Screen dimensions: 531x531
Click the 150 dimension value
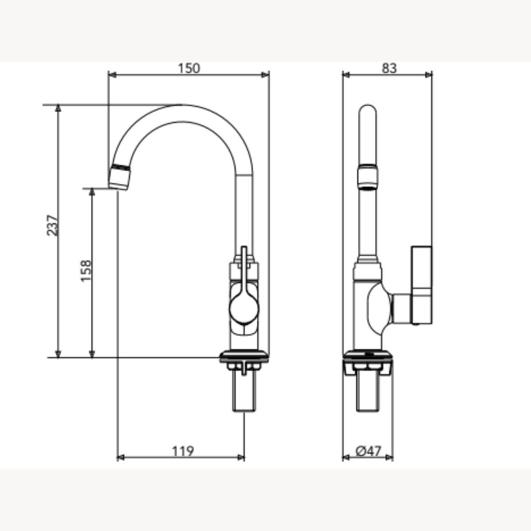tap(189, 69)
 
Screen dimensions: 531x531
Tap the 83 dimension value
tap(389, 69)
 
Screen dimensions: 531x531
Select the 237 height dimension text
tap(52, 225)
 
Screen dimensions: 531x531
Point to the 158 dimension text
tap(86, 271)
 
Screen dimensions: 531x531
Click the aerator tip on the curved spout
tap(119, 177)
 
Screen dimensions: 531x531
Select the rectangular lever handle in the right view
tap(422, 285)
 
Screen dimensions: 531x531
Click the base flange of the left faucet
tap(244, 357)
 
